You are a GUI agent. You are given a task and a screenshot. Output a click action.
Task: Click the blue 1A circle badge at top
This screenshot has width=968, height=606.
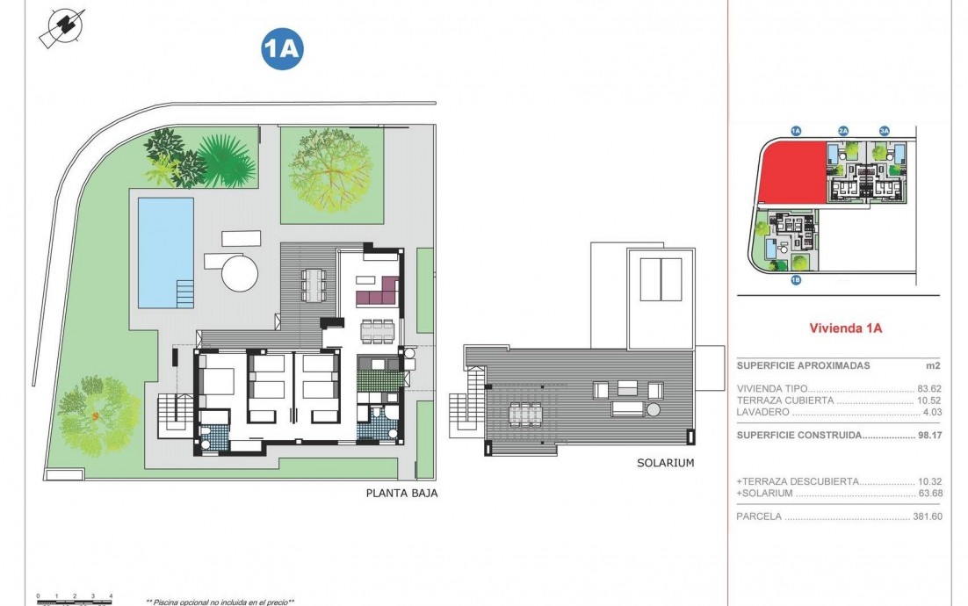[282, 49]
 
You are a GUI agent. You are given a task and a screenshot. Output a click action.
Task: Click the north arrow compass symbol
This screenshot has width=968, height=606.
[62, 27]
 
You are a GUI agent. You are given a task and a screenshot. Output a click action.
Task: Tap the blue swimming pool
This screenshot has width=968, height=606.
[165, 251]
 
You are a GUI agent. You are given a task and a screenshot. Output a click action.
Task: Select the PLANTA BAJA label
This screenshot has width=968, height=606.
[401, 494]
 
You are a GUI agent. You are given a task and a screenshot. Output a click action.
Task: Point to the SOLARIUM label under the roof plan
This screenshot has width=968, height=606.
[666, 463]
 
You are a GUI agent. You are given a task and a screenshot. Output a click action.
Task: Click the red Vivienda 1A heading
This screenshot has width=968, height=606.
[844, 328]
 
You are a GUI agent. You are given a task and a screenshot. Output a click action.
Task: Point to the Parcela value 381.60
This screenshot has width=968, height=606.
[926, 516]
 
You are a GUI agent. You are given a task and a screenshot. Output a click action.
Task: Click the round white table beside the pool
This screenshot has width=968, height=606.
[241, 273]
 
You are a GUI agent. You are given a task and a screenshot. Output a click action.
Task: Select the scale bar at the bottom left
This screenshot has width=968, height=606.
[75, 599]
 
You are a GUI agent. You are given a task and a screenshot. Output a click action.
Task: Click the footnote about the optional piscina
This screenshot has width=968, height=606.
[220, 602]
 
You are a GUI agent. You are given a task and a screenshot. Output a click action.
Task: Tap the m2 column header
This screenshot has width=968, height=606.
[933, 365]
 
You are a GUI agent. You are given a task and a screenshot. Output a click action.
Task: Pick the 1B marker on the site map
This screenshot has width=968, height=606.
[796, 281]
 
